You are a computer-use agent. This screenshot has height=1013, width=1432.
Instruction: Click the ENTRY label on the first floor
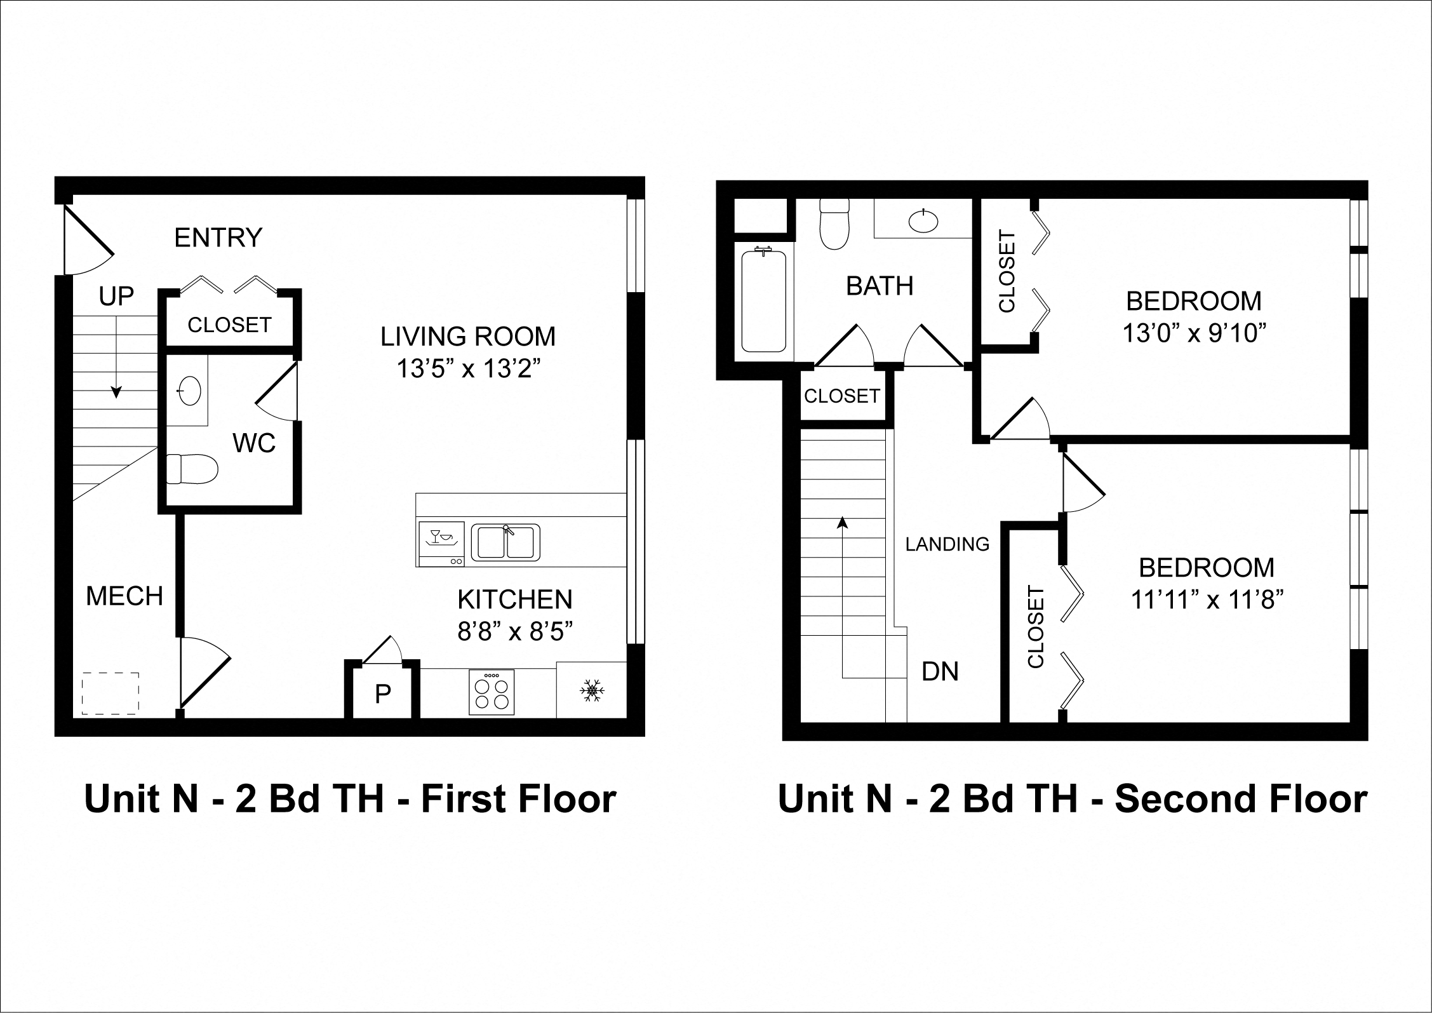pyautogui.click(x=218, y=238)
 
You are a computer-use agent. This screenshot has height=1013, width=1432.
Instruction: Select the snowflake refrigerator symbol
pyautogui.click(x=592, y=690)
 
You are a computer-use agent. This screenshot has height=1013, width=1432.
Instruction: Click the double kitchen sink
pyautogui.click(x=505, y=542)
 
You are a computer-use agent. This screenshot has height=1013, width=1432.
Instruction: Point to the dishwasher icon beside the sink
pyautogui.click(x=441, y=544)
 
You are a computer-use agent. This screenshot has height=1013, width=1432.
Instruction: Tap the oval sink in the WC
pyautogui.click(x=189, y=390)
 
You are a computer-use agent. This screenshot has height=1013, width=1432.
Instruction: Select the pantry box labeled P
pyautogui.click(x=382, y=694)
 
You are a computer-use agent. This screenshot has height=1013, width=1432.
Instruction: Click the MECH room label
pyautogui.click(x=124, y=596)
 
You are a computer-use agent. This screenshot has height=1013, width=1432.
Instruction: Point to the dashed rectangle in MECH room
pyautogui.click(x=110, y=694)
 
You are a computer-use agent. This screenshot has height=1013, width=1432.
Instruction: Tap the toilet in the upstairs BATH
pyautogui.click(x=834, y=225)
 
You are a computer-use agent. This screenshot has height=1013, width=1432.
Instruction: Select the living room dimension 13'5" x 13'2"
pyautogui.click(x=469, y=368)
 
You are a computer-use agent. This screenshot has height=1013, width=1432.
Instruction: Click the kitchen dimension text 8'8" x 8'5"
pyautogui.click(x=515, y=631)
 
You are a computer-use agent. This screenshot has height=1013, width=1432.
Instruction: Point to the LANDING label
pyautogui.click(x=947, y=544)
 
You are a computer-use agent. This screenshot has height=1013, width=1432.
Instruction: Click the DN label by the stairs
pyautogui.click(x=940, y=671)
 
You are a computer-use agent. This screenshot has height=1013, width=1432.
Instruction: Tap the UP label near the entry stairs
pyautogui.click(x=116, y=296)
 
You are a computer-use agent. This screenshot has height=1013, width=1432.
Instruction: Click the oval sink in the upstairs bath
pyautogui.click(x=923, y=221)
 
